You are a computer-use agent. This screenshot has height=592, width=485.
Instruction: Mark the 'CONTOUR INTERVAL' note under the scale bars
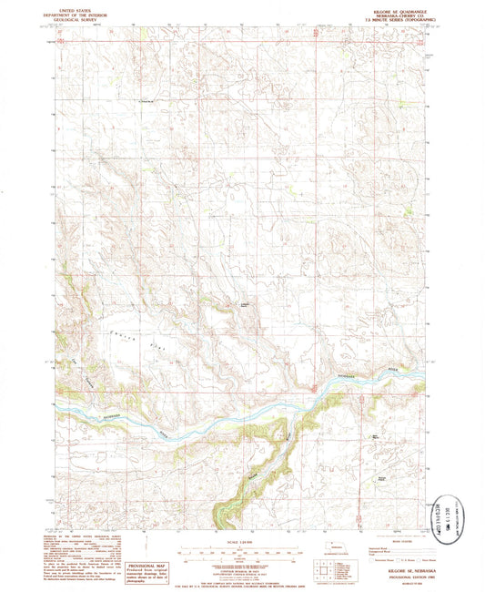pos(241,557)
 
